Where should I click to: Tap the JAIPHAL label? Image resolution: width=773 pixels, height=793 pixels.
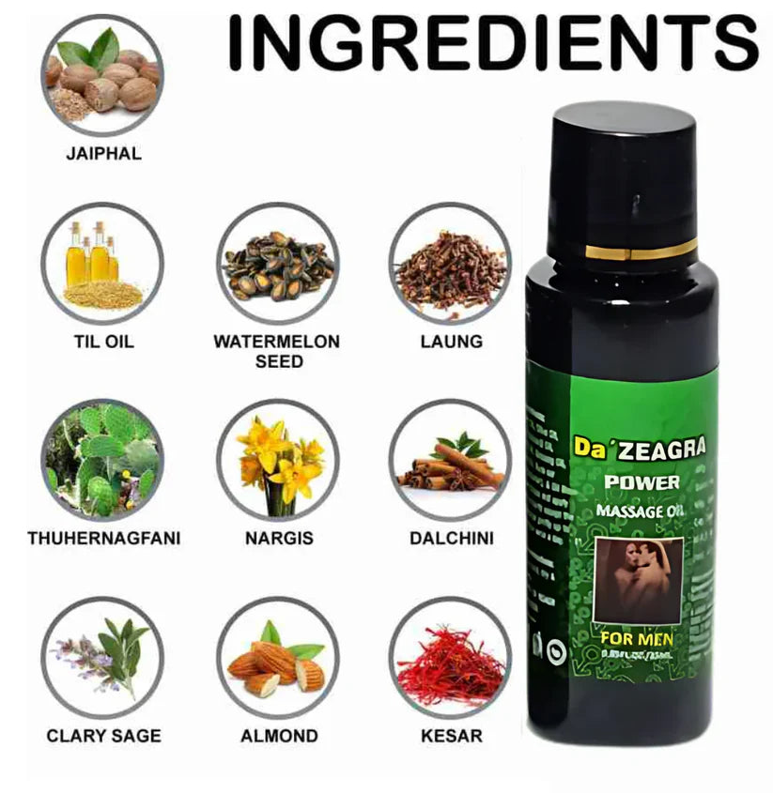[x=103, y=153]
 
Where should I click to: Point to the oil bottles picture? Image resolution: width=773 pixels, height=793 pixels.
[x=102, y=264]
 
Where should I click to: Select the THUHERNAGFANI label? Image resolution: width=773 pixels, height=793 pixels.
[x=103, y=539]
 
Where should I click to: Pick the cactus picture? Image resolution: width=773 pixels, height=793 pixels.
[x=102, y=460]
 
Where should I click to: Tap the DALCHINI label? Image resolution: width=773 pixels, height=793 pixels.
[x=451, y=539]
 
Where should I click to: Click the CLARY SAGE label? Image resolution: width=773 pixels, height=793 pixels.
[x=103, y=736]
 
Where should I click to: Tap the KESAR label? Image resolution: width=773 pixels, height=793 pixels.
[x=451, y=736]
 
